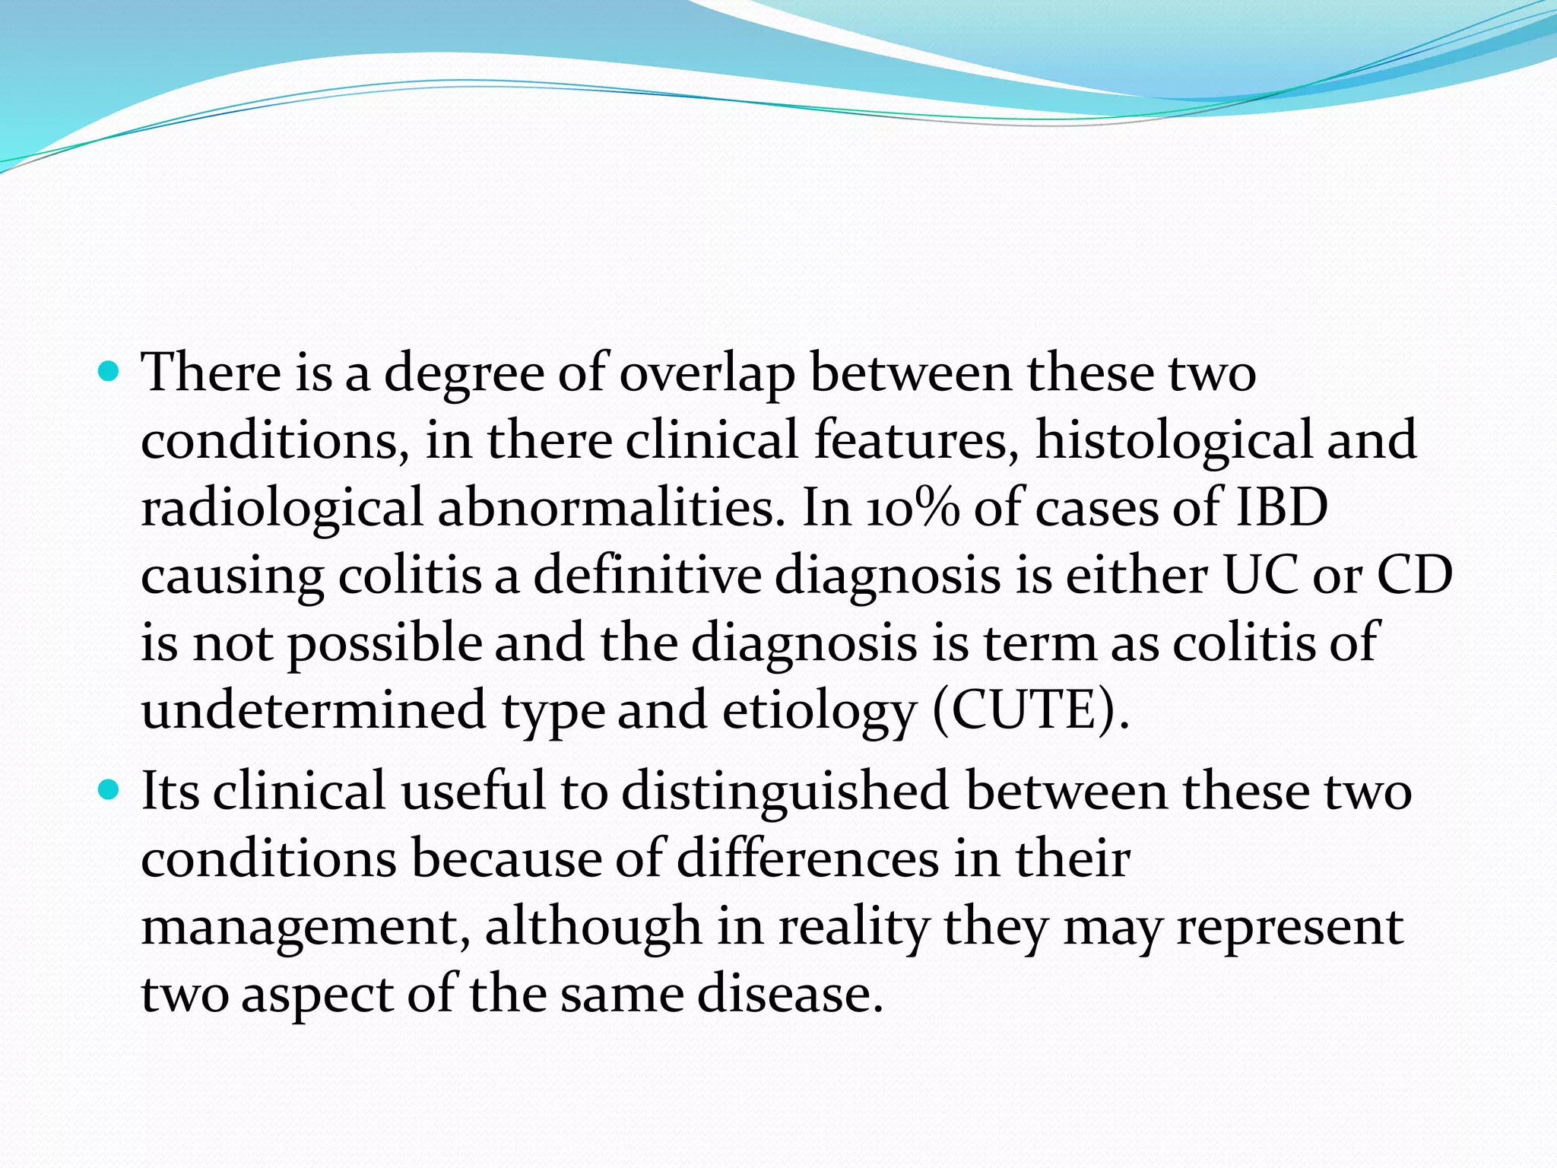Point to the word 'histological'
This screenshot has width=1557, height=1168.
(x=1173, y=440)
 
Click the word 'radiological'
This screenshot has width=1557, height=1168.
(x=281, y=508)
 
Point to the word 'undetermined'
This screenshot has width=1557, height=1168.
(x=313, y=709)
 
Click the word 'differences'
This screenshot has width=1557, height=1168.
(x=807, y=859)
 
